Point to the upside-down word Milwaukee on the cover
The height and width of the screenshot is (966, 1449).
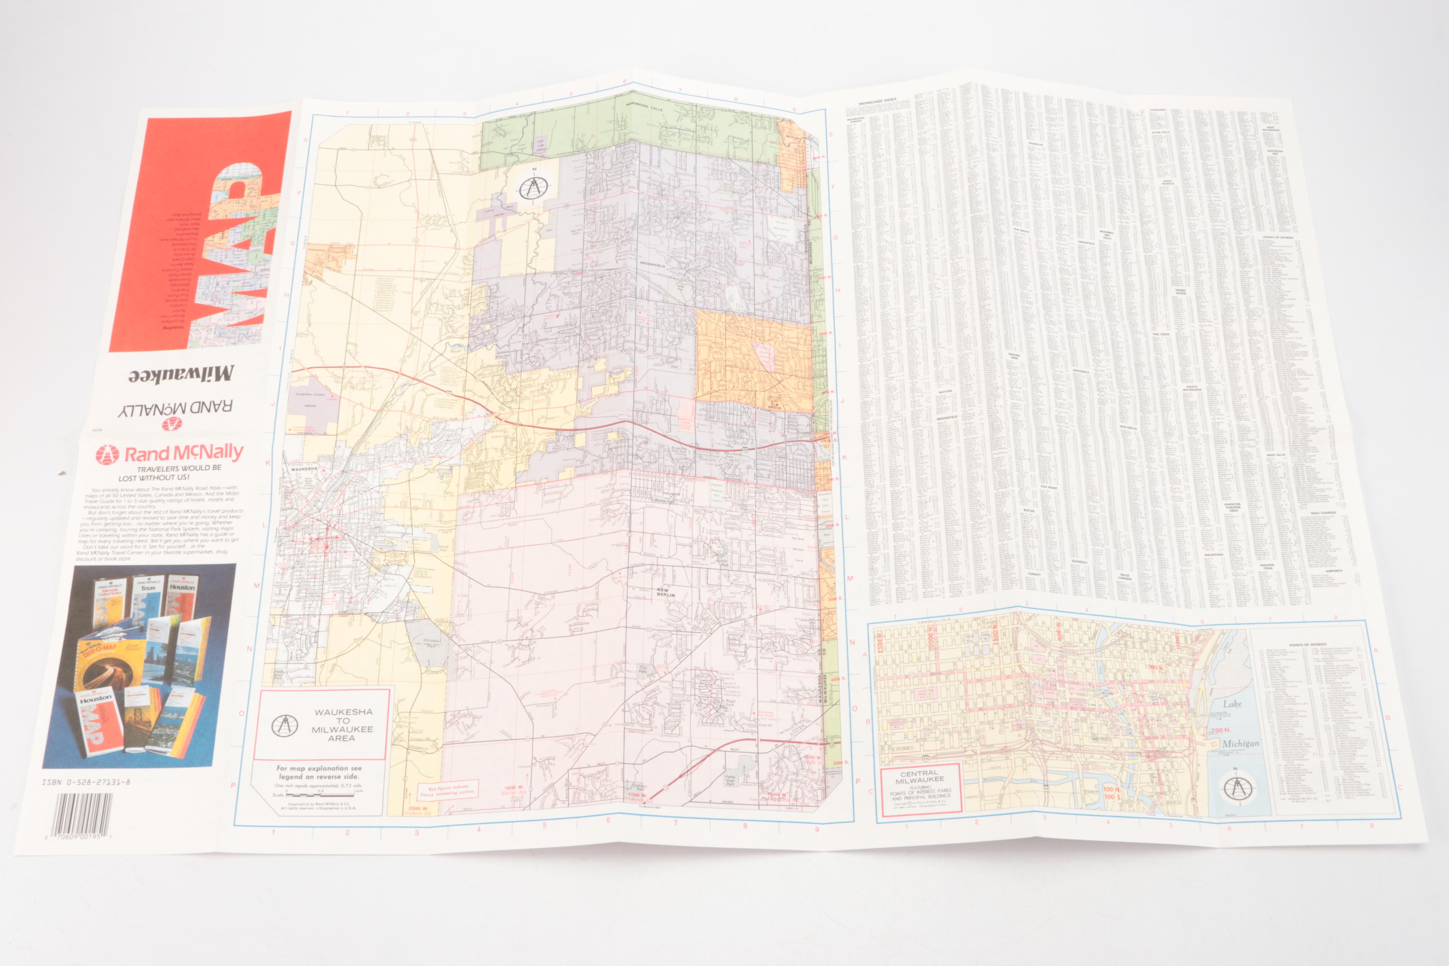[x=181, y=375]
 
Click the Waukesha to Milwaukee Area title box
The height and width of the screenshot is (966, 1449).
[x=322, y=724]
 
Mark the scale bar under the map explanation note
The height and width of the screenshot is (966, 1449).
[x=319, y=795]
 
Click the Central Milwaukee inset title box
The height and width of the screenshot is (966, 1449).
[x=921, y=789]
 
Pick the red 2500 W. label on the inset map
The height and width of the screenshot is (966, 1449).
[x=881, y=639]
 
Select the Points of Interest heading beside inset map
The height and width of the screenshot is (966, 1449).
[x=1308, y=644]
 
